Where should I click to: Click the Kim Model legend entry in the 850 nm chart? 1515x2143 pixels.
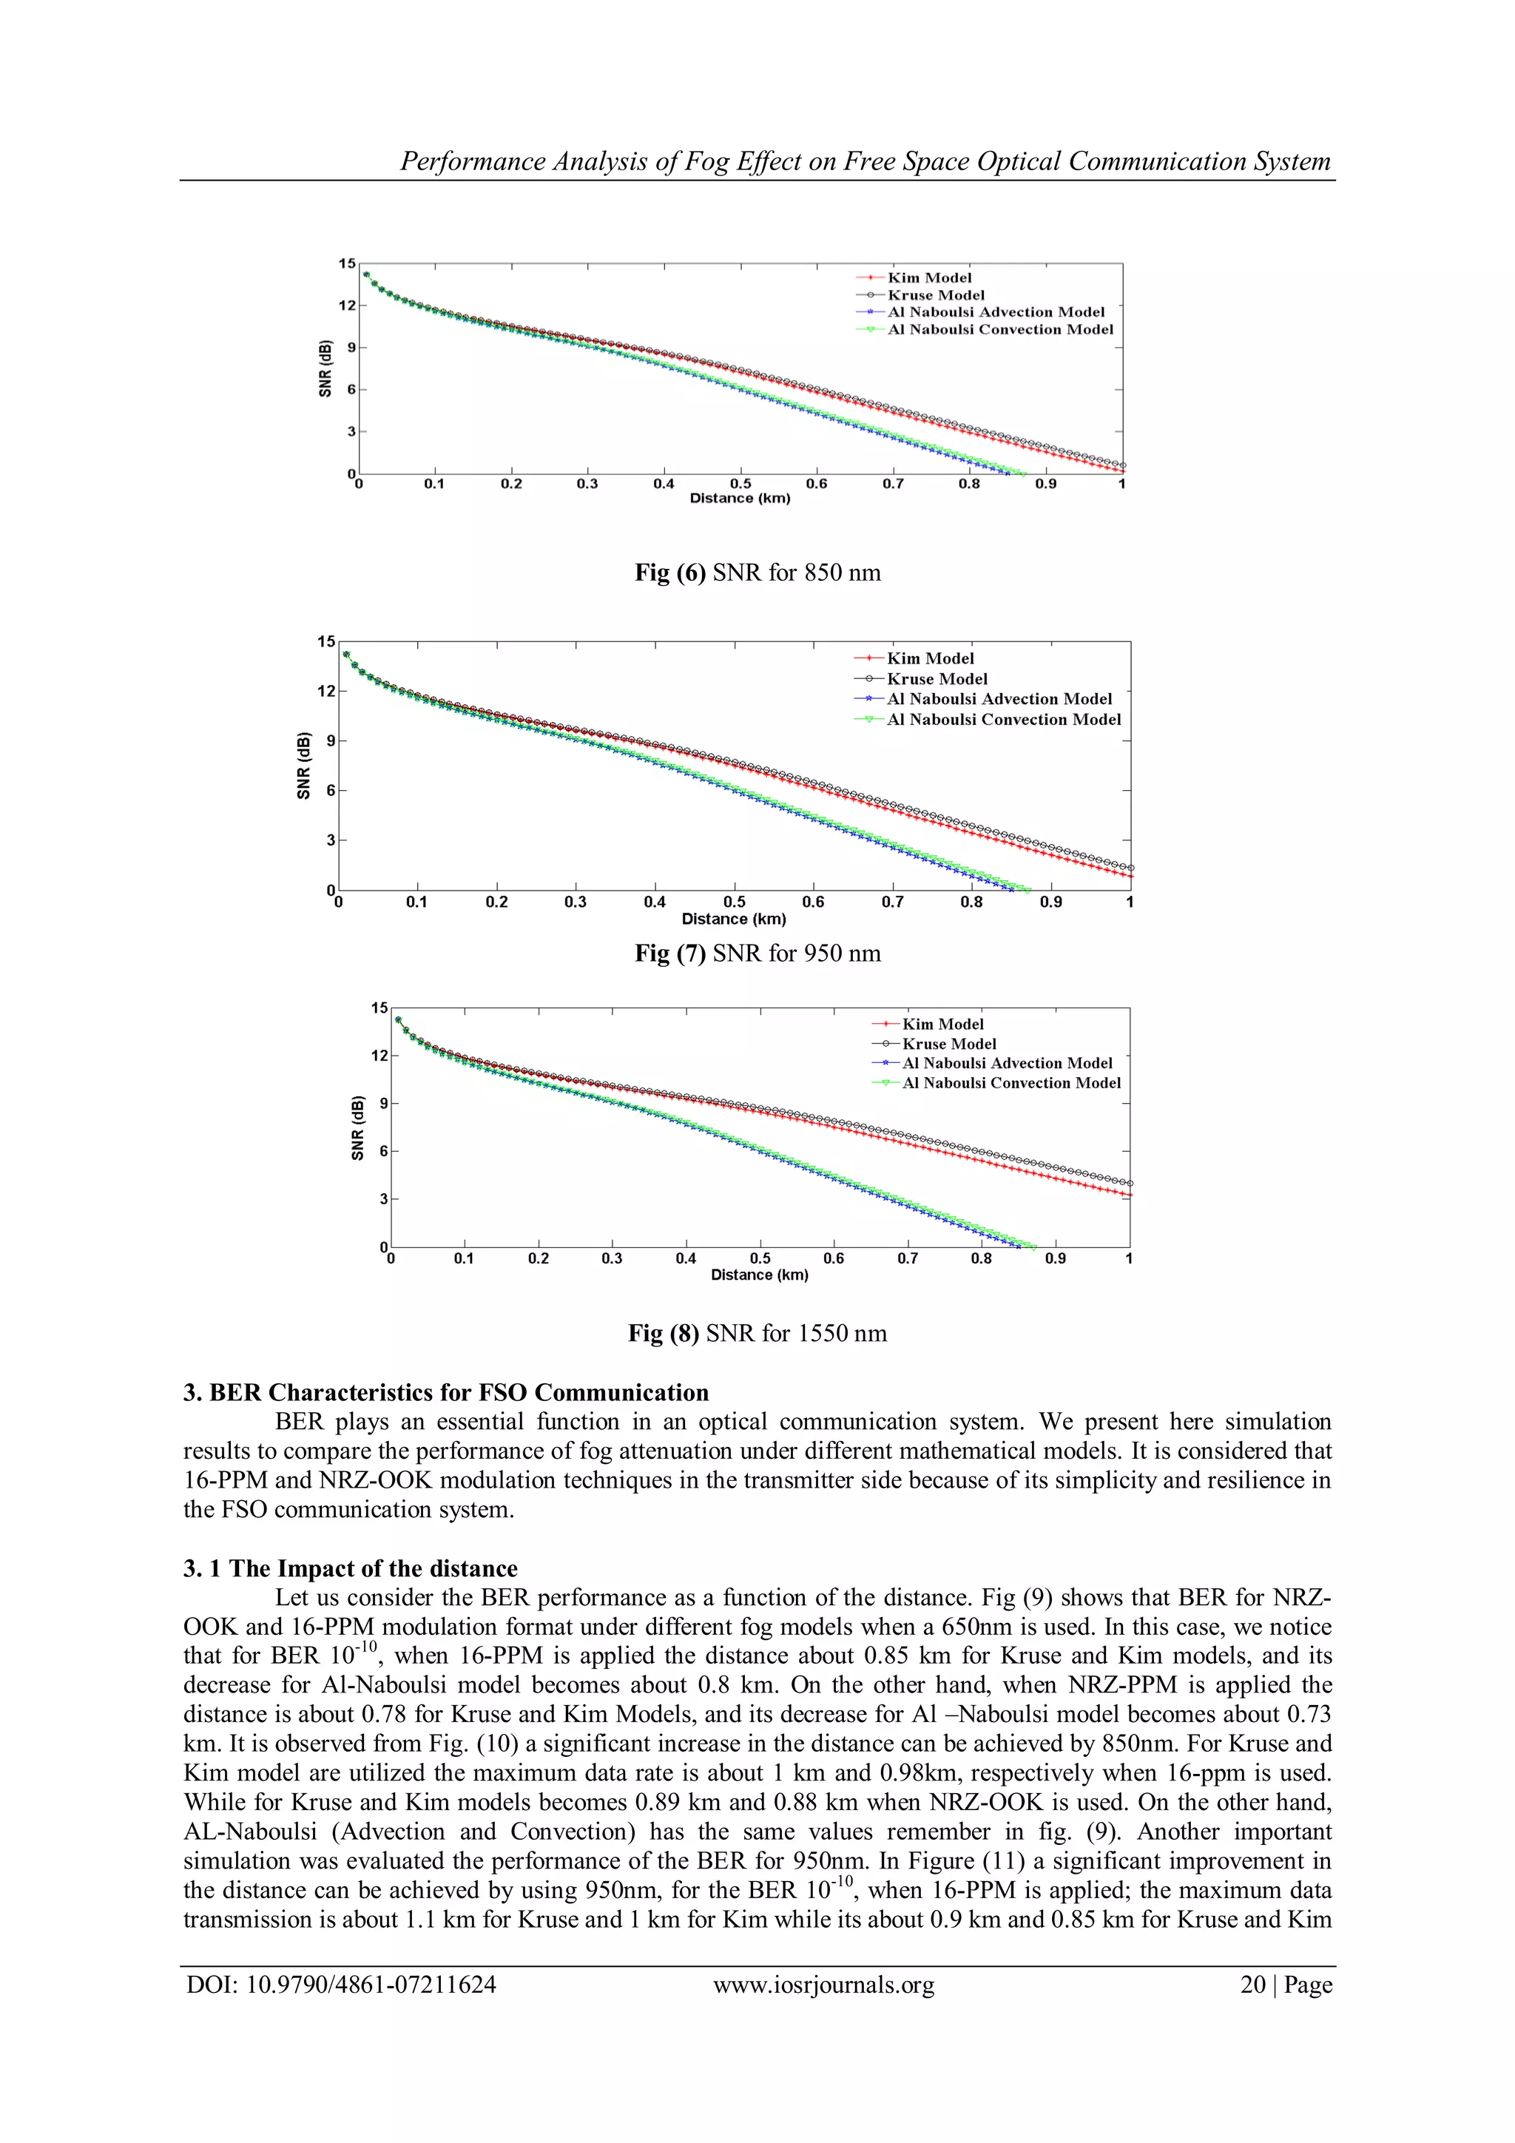pyautogui.click(x=929, y=277)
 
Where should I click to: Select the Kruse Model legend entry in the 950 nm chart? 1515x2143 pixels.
pyautogui.click(x=937, y=678)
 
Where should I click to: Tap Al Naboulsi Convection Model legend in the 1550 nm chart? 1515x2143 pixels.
pyautogui.click(x=1011, y=1083)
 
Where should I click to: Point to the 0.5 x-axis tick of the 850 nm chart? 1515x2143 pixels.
pyautogui.click(x=740, y=484)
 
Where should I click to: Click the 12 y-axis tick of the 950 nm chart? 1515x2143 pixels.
pyautogui.click(x=325, y=692)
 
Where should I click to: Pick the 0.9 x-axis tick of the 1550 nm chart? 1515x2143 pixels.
pyautogui.click(x=1055, y=1258)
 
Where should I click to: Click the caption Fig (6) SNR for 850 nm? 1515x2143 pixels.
pyautogui.click(x=757, y=572)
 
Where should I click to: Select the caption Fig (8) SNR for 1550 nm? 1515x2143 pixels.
pyautogui.click(x=757, y=1333)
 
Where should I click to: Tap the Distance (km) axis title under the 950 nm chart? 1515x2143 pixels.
pyautogui.click(x=734, y=919)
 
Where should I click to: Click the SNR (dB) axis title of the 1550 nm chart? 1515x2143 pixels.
pyautogui.click(x=357, y=1127)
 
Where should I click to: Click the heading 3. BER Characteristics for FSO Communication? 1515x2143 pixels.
pyautogui.click(x=445, y=1393)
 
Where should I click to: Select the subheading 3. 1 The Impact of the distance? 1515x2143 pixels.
pyautogui.click(x=350, y=1568)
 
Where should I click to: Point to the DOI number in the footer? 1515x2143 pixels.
pyautogui.click(x=341, y=1985)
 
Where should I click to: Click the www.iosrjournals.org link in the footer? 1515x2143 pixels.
pyautogui.click(x=823, y=1985)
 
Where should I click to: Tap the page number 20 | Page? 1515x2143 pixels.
pyautogui.click(x=1286, y=1985)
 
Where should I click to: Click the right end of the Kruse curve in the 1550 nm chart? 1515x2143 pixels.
pyautogui.click(x=1130, y=1184)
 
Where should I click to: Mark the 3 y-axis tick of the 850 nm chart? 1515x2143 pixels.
pyautogui.click(x=352, y=431)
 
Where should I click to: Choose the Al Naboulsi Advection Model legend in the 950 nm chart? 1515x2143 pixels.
pyautogui.click(x=999, y=699)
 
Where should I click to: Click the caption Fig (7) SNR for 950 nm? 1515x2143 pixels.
pyautogui.click(x=757, y=953)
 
